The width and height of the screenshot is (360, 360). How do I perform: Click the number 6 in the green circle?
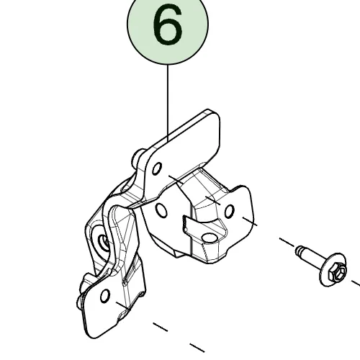[x=168, y=24]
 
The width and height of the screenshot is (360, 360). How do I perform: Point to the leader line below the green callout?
[x=168, y=103]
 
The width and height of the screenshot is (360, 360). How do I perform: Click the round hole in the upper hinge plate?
[x=157, y=168]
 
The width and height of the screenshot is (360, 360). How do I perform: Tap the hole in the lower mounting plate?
[x=105, y=296]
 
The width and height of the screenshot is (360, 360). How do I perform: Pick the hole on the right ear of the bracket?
[x=229, y=211]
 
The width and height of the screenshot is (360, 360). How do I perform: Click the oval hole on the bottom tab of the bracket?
[x=210, y=238]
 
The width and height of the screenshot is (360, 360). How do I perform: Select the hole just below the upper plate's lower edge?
[x=161, y=210]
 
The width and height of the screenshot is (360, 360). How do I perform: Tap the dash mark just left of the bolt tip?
[x=287, y=242]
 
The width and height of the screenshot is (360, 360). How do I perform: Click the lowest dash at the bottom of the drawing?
[x=197, y=348]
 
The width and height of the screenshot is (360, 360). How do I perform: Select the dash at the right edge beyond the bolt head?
[x=356, y=283]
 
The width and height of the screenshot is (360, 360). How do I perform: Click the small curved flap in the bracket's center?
[x=189, y=225]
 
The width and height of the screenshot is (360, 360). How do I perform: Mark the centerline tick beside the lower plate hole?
[x=123, y=306]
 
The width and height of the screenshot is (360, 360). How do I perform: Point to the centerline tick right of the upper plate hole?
[x=176, y=180]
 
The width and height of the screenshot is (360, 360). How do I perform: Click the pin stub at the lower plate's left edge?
[x=81, y=302]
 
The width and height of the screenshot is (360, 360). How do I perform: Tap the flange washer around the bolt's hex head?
[x=333, y=269]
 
